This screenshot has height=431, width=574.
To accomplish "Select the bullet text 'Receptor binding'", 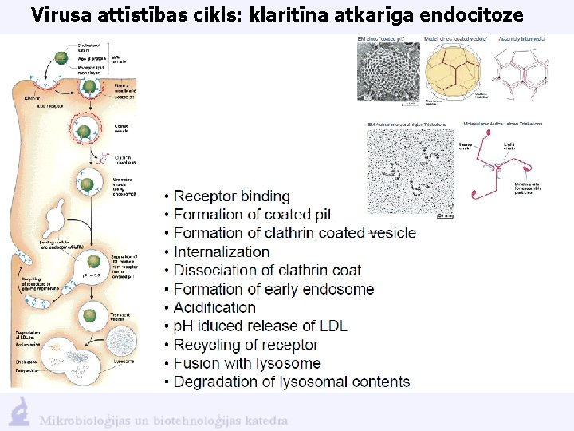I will [x=231, y=196].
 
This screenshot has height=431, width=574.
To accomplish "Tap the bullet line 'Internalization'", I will [x=222, y=251].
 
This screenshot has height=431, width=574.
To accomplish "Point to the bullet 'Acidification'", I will [x=214, y=307].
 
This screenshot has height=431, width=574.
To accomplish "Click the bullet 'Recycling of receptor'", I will [x=246, y=345].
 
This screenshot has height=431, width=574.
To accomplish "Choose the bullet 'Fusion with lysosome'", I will [x=247, y=363].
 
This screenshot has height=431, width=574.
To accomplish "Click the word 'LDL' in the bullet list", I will [x=332, y=326].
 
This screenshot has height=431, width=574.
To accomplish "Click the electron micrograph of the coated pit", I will [x=388, y=73].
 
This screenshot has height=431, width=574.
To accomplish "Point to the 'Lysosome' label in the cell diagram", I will [x=124, y=361].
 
